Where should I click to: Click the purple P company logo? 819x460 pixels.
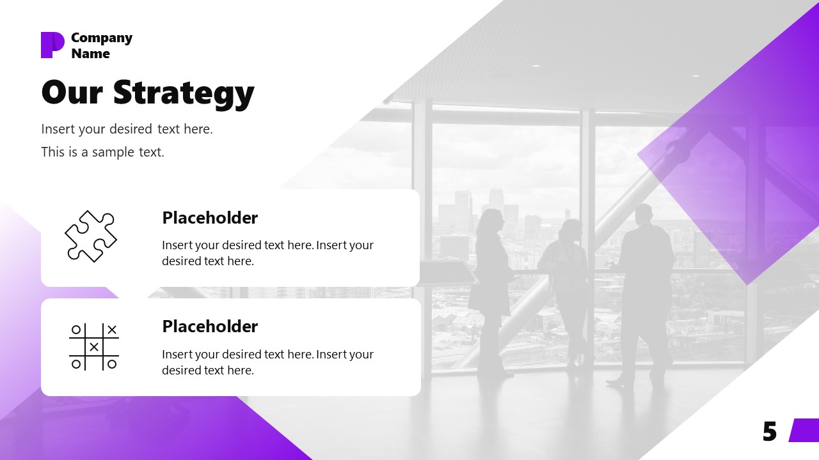point(52,45)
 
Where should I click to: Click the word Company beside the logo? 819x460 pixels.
point(101,38)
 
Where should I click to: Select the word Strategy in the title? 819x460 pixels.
point(184,93)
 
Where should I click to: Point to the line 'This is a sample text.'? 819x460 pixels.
point(102,152)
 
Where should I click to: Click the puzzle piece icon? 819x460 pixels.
point(91,236)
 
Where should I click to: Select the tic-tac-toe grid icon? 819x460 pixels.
point(93,347)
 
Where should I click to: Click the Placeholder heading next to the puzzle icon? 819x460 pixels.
point(210,218)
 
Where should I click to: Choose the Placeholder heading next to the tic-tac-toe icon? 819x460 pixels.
point(210,326)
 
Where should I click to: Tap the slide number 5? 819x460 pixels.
point(770,433)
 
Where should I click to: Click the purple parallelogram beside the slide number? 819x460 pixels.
point(805,430)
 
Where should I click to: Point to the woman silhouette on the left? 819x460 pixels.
point(491,287)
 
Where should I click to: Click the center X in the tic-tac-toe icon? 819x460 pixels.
point(94,347)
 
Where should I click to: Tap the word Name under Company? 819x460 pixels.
point(90,54)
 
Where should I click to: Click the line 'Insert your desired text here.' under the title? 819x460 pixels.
point(127,129)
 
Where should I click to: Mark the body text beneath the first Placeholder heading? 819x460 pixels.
point(267,253)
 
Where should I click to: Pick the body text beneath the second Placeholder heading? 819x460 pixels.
point(267,362)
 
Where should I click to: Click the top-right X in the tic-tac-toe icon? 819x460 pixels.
point(112,330)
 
